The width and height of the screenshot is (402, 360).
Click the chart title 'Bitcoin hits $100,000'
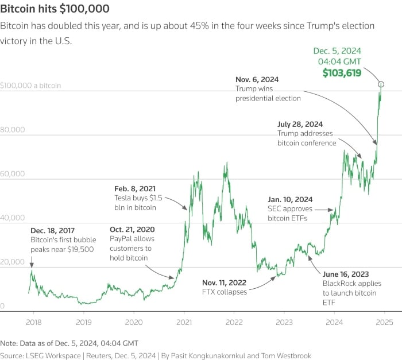click(55, 10)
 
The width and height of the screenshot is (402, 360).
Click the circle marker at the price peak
click(381, 84)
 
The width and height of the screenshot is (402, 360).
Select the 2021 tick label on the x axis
click(184, 322)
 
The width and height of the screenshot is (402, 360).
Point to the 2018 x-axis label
click(33, 322)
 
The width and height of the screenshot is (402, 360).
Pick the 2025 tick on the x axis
click(384, 322)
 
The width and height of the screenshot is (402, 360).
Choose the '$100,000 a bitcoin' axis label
click(30, 86)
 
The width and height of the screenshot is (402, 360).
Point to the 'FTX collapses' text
click(224, 292)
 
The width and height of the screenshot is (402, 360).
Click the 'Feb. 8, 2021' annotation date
click(136, 188)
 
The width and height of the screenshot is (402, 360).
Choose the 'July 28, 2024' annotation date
click(300, 124)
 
